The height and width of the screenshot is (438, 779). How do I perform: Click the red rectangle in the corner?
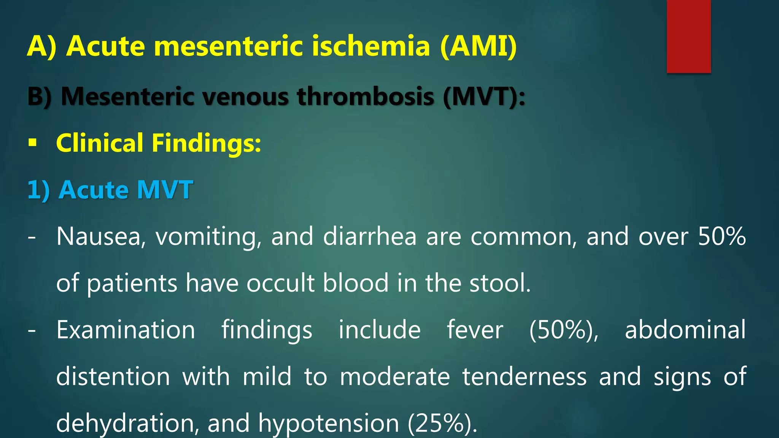(688, 36)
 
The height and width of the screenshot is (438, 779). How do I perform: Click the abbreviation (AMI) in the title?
(479, 46)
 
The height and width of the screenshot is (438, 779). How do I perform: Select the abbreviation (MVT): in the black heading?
(484, 97)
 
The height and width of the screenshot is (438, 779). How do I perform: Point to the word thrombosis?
(366, 97)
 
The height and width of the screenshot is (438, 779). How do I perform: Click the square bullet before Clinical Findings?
(33, 143)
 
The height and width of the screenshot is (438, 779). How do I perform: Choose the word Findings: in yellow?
(206, 143)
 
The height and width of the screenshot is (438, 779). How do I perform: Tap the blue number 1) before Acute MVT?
(38, 190)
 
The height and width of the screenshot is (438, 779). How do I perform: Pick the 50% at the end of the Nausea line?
(722, 236)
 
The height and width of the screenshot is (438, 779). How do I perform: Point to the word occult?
(280, 283)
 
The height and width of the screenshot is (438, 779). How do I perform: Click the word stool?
(500, 283)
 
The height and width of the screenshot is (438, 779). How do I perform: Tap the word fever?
(475, 330)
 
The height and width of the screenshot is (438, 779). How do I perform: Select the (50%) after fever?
(564, 330)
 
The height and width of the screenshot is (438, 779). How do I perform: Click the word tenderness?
(525, 376)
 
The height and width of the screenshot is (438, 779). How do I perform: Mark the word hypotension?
(329, 423)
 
